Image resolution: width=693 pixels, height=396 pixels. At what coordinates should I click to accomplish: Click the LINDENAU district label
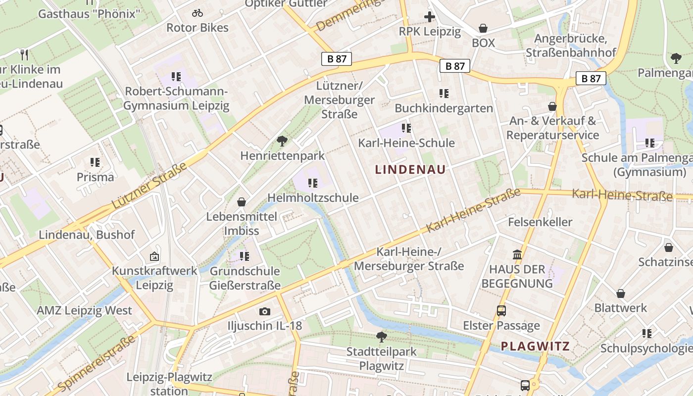pos(410,169)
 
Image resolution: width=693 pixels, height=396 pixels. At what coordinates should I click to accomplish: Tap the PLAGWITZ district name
pos(535,346)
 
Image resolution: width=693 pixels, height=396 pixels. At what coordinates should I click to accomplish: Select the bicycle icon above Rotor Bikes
pos(198,13)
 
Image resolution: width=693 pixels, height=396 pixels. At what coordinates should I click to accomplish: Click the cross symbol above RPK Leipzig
pos(429,17)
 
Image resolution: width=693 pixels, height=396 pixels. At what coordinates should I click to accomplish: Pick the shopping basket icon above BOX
pos(483,29)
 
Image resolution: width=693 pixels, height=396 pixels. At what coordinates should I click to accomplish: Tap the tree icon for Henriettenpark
pos(282,141)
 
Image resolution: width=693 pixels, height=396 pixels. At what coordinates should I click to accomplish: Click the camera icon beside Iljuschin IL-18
pos(265,311)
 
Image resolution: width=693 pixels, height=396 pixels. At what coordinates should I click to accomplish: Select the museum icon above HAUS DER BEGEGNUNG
pos(517,255)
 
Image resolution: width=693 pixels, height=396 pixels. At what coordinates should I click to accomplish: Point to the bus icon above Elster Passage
pos(501,311)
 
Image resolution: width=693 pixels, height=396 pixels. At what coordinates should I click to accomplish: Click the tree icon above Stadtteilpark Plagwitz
pos(381,337)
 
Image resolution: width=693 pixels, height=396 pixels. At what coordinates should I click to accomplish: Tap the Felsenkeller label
pos(540,222)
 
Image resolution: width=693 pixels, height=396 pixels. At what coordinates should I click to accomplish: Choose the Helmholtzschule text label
pos(313,198)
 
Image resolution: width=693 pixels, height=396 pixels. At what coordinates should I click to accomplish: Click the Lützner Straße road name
pos(149,185)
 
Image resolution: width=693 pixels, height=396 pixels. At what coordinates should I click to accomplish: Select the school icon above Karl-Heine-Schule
pos(406,129)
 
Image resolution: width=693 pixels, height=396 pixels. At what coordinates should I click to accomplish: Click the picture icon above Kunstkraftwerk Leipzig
pos(154,256)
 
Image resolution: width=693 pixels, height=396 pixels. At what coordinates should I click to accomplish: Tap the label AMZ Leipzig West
pos(85,310)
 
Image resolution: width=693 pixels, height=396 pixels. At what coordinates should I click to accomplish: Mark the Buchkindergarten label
pos(444,108)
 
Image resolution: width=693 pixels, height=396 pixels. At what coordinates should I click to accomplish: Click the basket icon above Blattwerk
pos(621,294)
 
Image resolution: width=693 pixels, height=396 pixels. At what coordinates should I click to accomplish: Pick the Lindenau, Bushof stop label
pos(87,235)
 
